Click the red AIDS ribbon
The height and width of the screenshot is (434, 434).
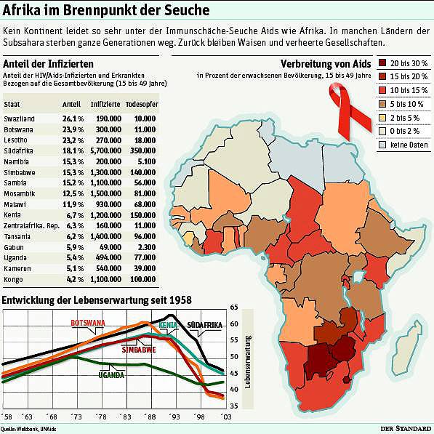coord(349,110)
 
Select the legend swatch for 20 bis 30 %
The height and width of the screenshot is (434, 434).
coord(382,63)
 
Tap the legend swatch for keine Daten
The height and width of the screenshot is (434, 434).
coord(382,145)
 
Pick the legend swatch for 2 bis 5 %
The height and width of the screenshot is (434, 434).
coord(382,118)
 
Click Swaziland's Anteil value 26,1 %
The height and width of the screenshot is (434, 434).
coord(73,118)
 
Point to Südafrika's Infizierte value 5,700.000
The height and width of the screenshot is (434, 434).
coord(105,150)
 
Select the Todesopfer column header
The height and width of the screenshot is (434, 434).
coord(142,105)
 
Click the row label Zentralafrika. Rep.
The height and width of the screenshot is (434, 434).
coord(31,226)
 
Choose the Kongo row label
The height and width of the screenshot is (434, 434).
coord(13,280)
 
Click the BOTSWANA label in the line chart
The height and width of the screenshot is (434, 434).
coord(88,323)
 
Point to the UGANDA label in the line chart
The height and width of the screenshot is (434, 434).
coord(111,375)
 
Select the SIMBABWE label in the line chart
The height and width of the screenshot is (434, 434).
coord(139,350)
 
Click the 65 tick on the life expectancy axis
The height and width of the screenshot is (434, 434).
coord(234,308)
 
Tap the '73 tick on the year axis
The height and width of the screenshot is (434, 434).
coord(76,417)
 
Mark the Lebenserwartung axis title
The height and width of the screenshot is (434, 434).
coord(248,361)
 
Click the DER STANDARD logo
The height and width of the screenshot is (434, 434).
coord(406,428)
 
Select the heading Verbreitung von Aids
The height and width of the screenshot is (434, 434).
coord(326,64)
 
